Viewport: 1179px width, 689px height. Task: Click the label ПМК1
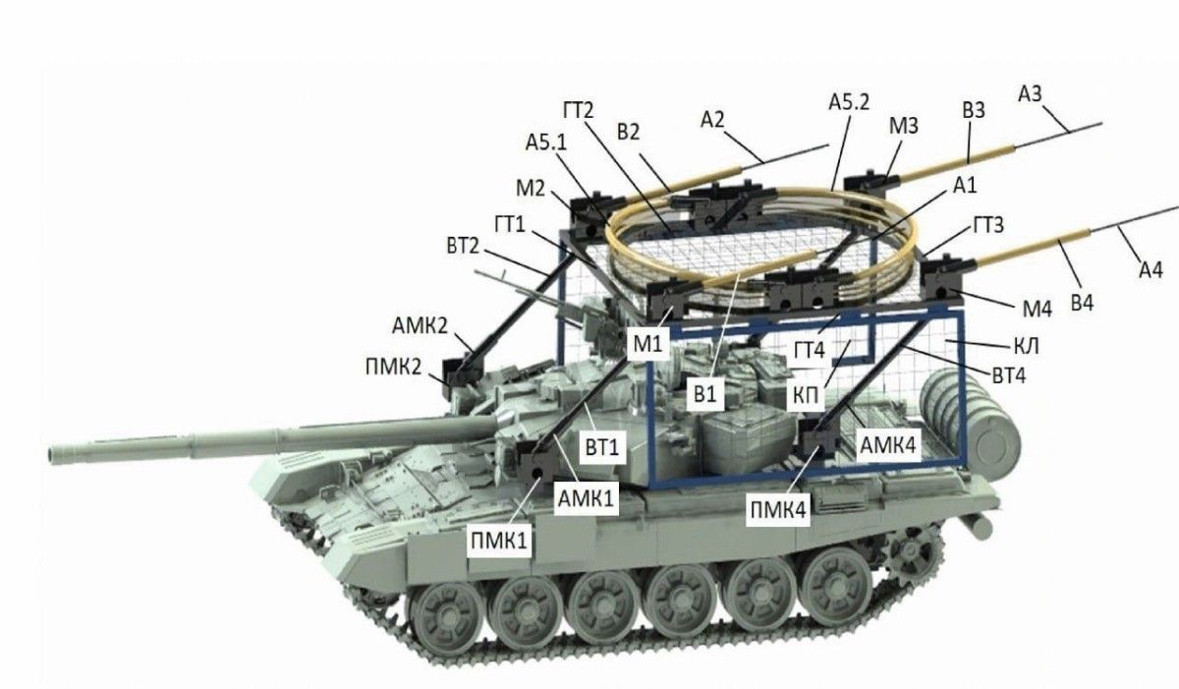(x=499, y=541)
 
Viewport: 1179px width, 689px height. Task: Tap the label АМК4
(x=888, y=445)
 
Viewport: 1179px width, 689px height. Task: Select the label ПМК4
(x=778, y=509)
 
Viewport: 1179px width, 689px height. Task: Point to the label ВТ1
(x=602, y=447)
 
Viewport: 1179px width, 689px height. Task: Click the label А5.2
(x=849, y=101)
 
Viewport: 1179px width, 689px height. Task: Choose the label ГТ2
(x=579, y=110)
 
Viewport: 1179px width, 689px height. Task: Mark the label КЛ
(x=1026, y=346)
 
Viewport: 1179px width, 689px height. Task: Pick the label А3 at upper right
(x=1030, y=93)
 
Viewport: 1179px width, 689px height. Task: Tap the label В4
(x=1082, y=303)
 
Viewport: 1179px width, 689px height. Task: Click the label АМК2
(x=420, y=325)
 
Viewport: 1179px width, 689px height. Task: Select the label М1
(x=647, y=344)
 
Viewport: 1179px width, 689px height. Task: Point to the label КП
(x=806, y=395)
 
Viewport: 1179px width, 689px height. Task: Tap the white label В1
(x=705, y=394)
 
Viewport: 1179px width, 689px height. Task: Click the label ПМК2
(x=394, y=367)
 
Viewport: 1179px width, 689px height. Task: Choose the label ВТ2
(x=463, y=246)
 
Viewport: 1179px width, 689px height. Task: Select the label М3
(x=904, y=126)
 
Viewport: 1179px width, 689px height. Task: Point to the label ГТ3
(x=988, y=225)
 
